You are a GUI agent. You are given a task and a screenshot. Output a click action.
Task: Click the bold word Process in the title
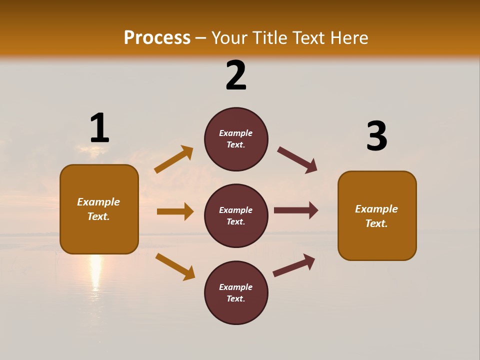click(x=157, y=37)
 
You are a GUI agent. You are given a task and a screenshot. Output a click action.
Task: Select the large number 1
click(x=99, y=128)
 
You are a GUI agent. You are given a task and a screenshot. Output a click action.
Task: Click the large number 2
click(x=236, y=75)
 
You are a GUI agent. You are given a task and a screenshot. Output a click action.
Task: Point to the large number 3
click(x=376, y=136)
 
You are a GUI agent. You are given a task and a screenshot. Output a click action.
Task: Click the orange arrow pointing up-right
click(x=174, y=159)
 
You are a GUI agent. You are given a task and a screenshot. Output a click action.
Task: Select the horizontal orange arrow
click(x=175, y=211)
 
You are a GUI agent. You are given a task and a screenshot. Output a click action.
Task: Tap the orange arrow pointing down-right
click(x=175, y=266)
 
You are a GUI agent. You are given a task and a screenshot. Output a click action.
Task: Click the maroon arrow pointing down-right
click(x=297, y=160)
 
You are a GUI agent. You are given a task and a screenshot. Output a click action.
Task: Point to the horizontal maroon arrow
click(x=296, y=210)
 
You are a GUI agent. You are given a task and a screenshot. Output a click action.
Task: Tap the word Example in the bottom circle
click(x=236, y=287)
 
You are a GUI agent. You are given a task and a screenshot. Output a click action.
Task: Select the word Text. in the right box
click(x=376, y=223)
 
